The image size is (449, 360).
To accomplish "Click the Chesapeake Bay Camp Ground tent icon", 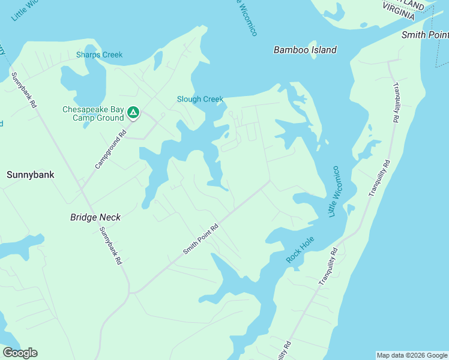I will (133, 112).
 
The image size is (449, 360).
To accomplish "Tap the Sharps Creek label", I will (99, 55).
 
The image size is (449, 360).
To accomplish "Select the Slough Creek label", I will (200, 100).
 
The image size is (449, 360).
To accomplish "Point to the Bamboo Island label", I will (305, 50).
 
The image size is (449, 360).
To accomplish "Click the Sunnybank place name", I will (30, 175).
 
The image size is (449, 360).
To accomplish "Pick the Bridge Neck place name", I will (95, 217).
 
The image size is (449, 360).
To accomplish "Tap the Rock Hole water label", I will (301, 254).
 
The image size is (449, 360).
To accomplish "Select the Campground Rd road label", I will (109, 148).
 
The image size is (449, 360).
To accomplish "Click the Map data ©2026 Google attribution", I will (412, 355).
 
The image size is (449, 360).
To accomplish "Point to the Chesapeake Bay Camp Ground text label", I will (93, 113).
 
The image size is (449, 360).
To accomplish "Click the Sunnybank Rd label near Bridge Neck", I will (111, 247).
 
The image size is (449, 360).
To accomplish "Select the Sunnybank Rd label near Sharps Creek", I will (24, 91).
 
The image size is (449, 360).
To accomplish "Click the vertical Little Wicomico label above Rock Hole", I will (334, 192).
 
